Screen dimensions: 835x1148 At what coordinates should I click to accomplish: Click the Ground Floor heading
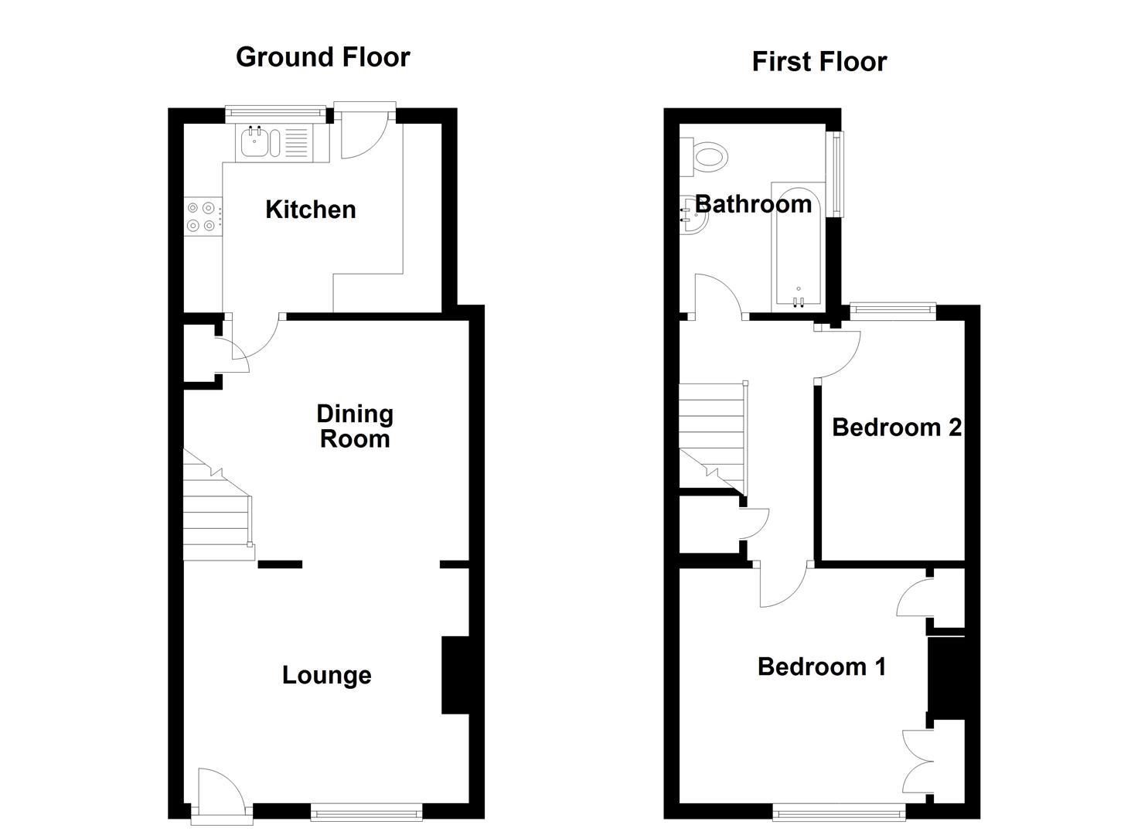pyautogui.click(x=322, y=57)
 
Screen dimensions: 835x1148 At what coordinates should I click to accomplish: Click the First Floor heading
pyautogui.click(x=819, y=62)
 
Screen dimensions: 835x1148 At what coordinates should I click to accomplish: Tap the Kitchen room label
pyautogui.click(x=310, y=210)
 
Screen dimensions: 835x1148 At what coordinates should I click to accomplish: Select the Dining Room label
pyautogui.click(x=355, y=426)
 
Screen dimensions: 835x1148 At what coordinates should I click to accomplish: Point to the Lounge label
pyautogui.click(x=326, y=675)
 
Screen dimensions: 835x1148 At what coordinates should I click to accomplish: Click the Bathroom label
pyautogui.click(x=753, y=204)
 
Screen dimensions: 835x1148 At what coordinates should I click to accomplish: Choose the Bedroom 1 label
pyautogui.click(x=821, y=666)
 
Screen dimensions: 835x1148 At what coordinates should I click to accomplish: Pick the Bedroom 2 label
pyautogui.click(x=896, y=427)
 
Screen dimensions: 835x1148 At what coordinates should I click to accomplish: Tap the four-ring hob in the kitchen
pyautogui.click(x=201, y=216)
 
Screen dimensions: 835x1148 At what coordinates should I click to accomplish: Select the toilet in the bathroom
pyautogui.click(x=707, y=156)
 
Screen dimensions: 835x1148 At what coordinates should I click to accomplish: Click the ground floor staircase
pyautogui.click(x=216, y=510)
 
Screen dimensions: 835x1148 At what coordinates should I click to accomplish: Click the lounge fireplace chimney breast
pyautogui.click(x=455, y=674)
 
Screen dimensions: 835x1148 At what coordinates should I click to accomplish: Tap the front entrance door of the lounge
pyautogui.click(x=220, y=796)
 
